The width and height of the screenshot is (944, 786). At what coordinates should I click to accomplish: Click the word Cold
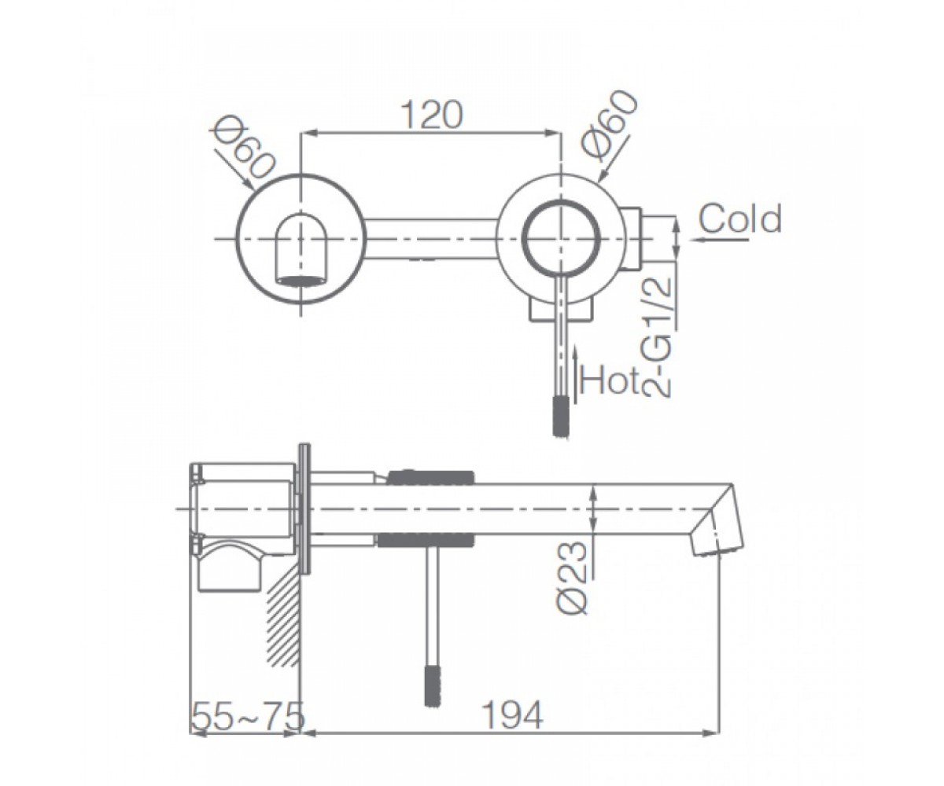coord(740,219)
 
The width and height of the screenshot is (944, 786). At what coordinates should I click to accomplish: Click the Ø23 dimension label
coord(572,578)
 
